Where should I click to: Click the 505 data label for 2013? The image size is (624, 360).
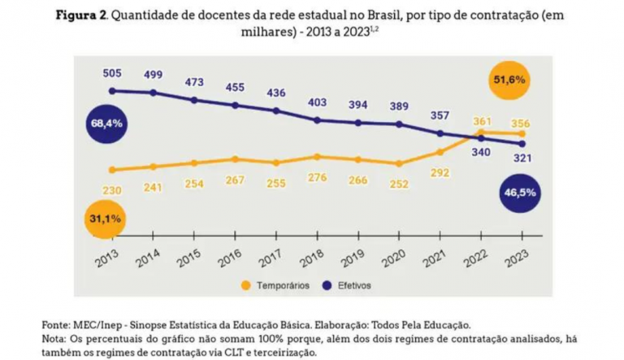point(112,72)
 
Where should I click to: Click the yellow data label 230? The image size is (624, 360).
point(112,190)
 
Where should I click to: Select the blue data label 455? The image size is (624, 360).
point(235,87)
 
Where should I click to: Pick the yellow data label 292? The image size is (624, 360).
point(440,172)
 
